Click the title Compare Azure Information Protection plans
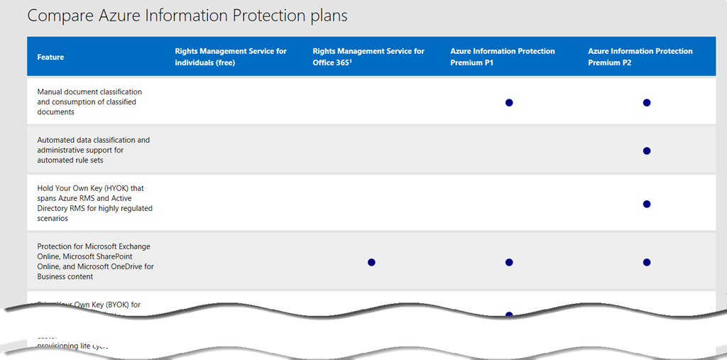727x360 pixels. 187,15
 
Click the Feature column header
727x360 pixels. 50,57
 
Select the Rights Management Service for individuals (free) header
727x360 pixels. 231,57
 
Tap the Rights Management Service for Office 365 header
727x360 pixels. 368,57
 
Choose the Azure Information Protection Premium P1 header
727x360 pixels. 503,57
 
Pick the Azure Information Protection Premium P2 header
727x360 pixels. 640,57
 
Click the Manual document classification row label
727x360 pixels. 89,102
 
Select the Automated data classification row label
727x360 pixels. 94,150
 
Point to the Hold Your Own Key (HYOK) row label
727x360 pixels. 95,204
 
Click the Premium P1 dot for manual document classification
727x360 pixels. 509,102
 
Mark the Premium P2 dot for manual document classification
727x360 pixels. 647,102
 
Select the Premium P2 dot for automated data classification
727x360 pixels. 647,151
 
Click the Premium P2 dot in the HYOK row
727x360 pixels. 647,204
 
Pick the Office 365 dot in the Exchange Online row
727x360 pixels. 371,262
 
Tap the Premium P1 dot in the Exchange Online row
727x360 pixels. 509,262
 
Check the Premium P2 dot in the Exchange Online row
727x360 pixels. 647,262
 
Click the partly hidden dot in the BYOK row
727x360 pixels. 509,313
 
